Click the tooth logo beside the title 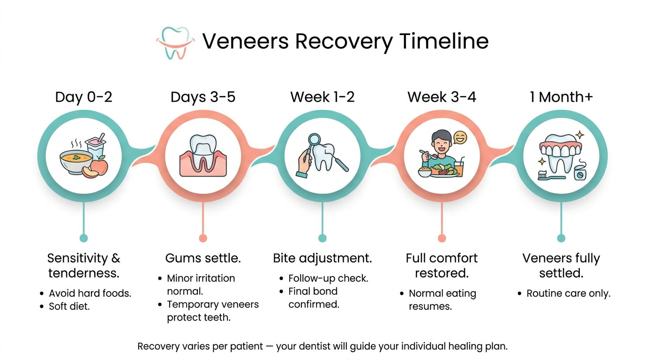(174, 43)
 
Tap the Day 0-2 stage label (83, 97)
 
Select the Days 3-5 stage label (203, 97)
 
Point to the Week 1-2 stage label (322, 97)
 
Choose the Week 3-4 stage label (442, 97)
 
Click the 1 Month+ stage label (561, 97)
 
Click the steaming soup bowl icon (75, 160)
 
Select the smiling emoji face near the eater (460, 138)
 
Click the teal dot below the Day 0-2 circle (83, 238)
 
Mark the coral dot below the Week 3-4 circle (442, 238)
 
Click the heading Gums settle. (203, 258)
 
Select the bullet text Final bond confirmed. (313, 298)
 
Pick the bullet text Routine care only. (568, 294)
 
